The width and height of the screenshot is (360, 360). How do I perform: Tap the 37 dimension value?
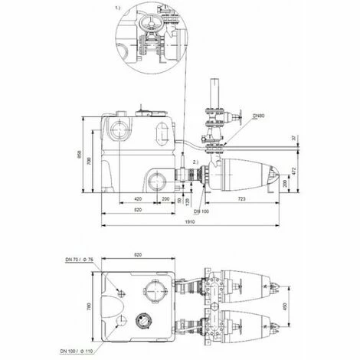[x=293, y=138]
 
